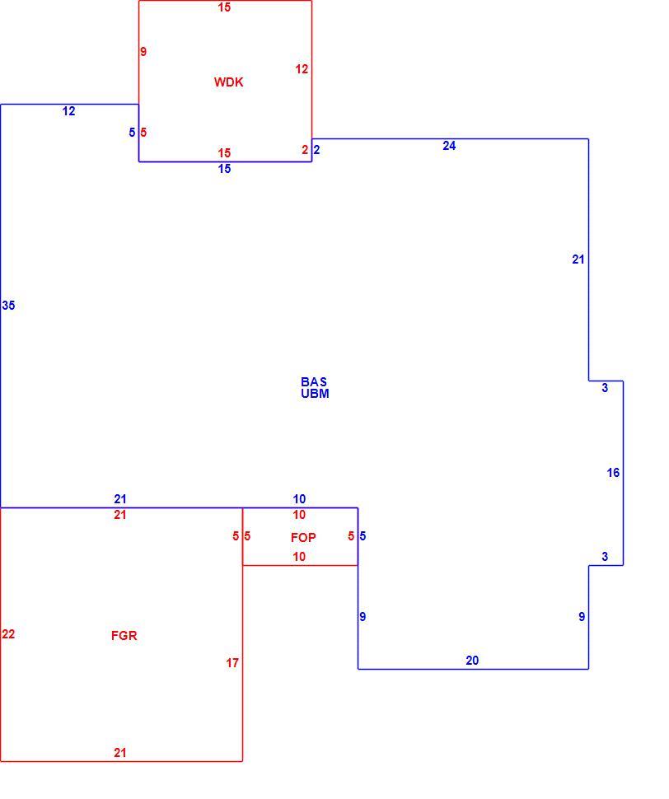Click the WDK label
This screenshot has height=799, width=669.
tap(228, 82)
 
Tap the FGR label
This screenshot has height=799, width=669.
tap(124, 635)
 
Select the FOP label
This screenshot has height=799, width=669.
tap(303, 538)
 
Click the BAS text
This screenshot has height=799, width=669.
tap(314, 381)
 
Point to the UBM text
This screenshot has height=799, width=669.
tap(315, 394)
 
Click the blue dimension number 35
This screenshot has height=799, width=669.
tap(9, 306)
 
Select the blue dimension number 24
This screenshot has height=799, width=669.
tap(449, 146)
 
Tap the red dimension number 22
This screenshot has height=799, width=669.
tap(9, 634)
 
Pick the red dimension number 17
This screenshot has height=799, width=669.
tap(232, 663)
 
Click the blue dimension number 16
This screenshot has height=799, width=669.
tap(613, 473)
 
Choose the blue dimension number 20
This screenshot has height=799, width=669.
tap(472, 661)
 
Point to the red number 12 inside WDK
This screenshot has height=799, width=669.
tap(302, 69)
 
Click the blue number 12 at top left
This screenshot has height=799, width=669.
tap(68, 111)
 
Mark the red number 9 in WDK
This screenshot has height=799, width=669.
tap(143, 51)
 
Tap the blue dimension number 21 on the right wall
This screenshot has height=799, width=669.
tap(578, 259)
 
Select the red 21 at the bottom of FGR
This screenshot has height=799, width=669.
tap(119, 753)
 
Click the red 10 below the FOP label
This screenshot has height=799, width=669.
tap(299, 557)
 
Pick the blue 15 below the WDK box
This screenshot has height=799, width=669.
tap(224, 169)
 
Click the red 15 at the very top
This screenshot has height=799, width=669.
tap(224, 7)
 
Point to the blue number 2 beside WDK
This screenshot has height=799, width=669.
tap(316, 150)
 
